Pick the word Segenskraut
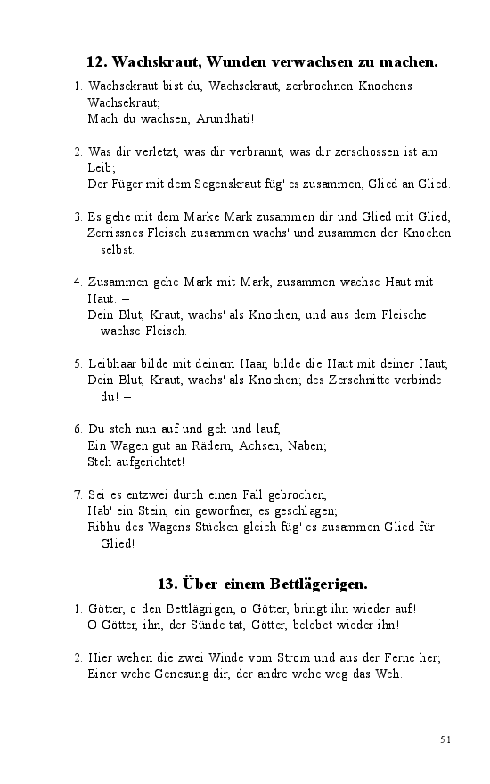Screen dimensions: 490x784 pyautogui.click(x=213, y=184)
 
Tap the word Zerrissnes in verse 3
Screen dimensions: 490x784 pyautogui.click(x=115, y=233)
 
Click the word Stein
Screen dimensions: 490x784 pyautogui.click(x=148, y=510)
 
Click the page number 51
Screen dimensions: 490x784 pyautogui.click(x=445, y=739)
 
